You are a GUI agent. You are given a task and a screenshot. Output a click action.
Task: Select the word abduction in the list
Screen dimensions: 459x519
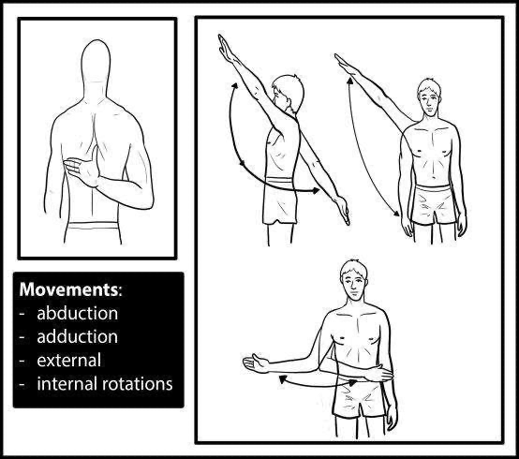click(78, 313)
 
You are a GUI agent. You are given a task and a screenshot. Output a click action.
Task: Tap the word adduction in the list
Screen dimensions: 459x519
click(78, 336)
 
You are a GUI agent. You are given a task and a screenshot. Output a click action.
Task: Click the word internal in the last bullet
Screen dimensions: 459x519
click(65, 383)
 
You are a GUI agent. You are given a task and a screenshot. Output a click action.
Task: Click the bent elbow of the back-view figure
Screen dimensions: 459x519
click(141, 200)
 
